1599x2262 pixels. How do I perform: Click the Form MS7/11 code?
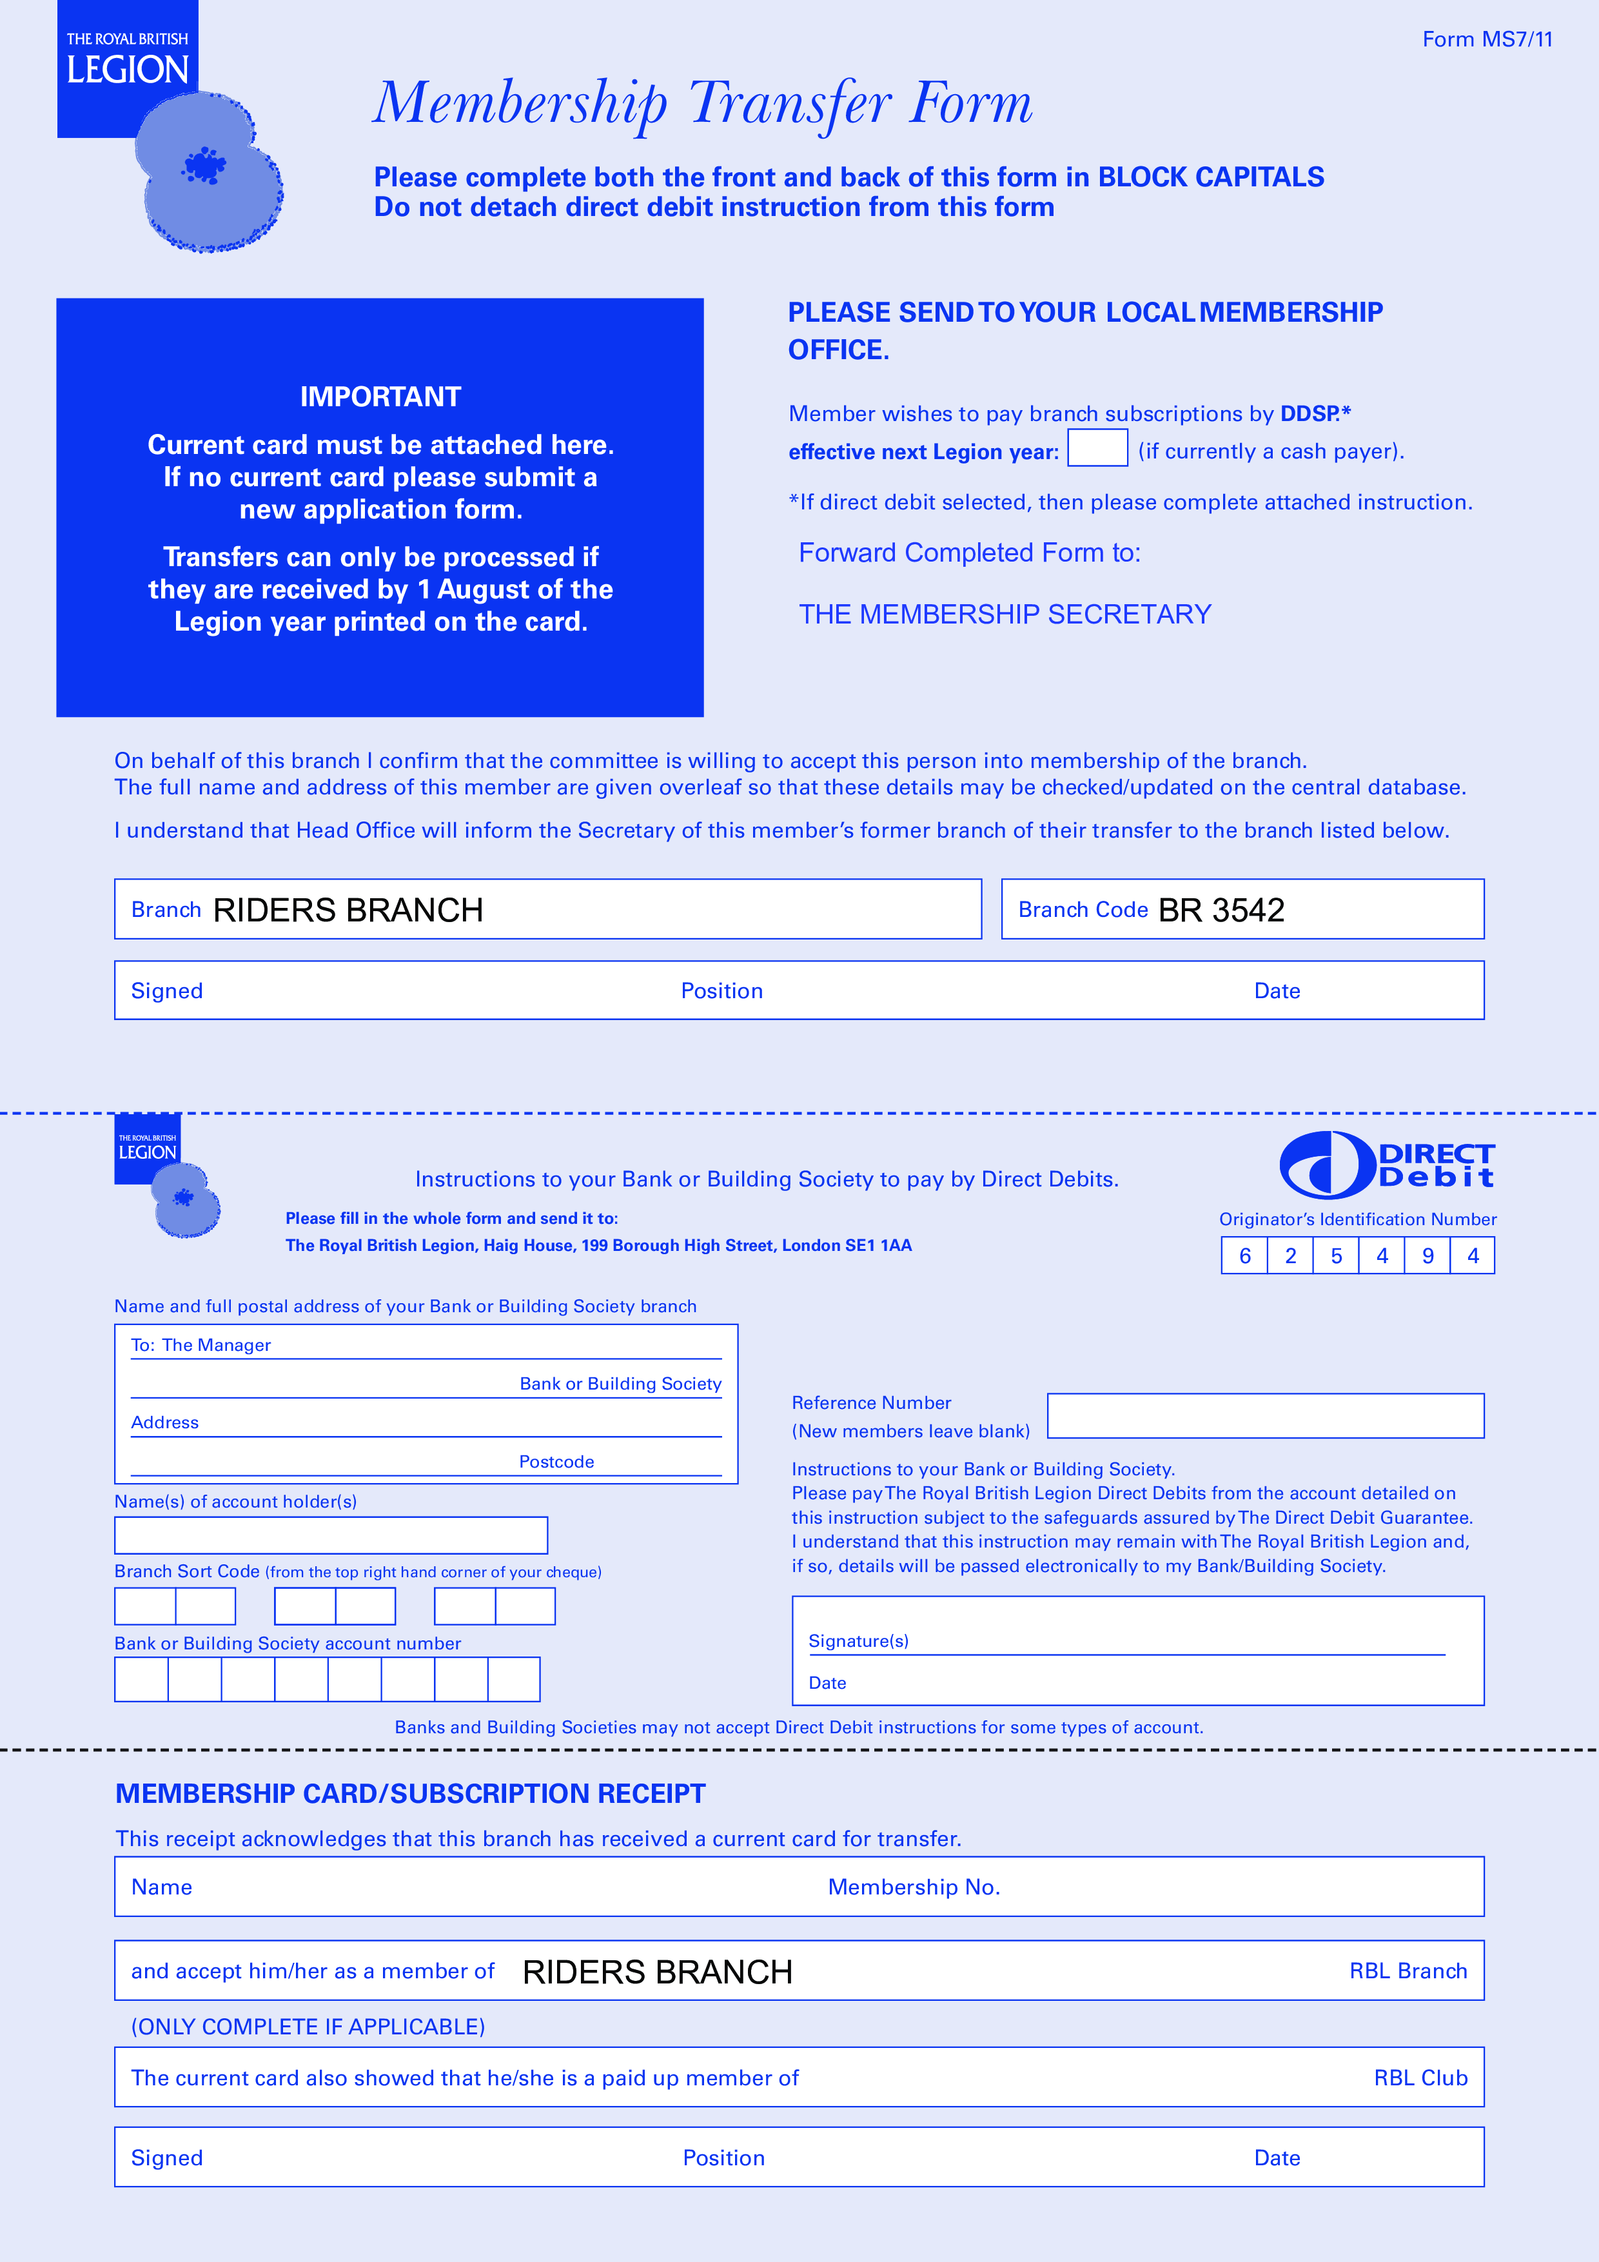point(1487,39)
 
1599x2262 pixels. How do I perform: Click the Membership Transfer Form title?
point(702,103)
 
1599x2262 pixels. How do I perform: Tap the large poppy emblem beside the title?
point(209,172)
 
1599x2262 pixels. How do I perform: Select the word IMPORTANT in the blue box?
point(380,397)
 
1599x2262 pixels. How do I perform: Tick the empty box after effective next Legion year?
point(1097,448)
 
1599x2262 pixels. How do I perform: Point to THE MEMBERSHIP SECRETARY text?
point(1004,615)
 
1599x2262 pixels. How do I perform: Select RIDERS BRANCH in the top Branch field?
point(348,910)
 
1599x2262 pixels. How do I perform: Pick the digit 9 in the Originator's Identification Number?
point(1427,1256)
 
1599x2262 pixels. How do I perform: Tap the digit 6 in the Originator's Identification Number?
point(1244,1256)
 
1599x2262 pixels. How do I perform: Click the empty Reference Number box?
point(1265,1416)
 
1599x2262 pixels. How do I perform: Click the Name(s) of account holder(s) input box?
point(331,1535)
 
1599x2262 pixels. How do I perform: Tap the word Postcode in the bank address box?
point(556,1462)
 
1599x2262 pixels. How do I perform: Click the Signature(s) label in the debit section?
point(858,1641)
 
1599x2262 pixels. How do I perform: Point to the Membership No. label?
point(913,1887)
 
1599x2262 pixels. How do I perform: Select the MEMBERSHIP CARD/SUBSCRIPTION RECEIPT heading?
point(410,1794)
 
